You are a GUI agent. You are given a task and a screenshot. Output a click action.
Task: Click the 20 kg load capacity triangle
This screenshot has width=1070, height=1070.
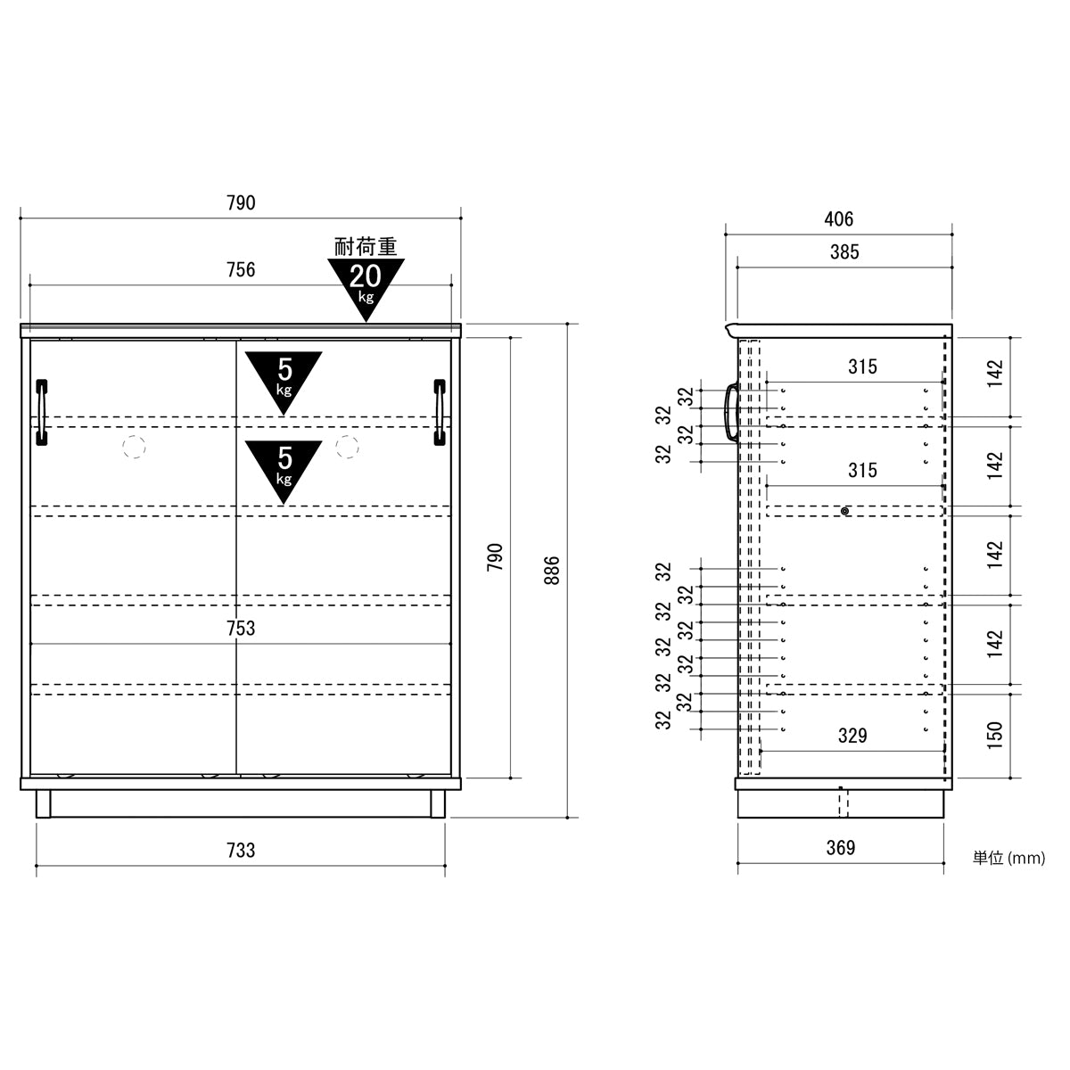pyautogui.click(x=366, y=287)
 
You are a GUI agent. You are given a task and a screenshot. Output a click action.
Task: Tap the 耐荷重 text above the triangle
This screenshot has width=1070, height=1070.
pyautogui.click(x=366, y=246)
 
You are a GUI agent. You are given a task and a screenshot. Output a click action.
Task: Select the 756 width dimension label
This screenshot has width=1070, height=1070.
pyautogui.click(x=241, y=270)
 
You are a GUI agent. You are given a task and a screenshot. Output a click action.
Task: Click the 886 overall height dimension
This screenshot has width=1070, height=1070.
pyautogui.click(x=552, y=570)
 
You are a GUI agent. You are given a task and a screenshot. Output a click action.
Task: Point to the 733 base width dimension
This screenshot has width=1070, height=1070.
pyautogui.click(x=241, y=850)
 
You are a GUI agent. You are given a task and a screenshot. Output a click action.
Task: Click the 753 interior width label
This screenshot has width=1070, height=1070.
pyautogui.click(x=241, y=628)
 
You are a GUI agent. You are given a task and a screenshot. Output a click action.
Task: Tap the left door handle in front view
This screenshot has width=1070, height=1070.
pyautogui.click(x=42, y=413)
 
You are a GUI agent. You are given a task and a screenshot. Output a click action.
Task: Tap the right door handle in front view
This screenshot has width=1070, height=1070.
pyautogui.click(x=440, y=413)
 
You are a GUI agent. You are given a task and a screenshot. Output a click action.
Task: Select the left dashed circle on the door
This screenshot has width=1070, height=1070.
pyautogui.click(x=134, y=447)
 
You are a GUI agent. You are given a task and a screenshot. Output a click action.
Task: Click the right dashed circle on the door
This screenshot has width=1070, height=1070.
pyautogui.click(x=347, y=447)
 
